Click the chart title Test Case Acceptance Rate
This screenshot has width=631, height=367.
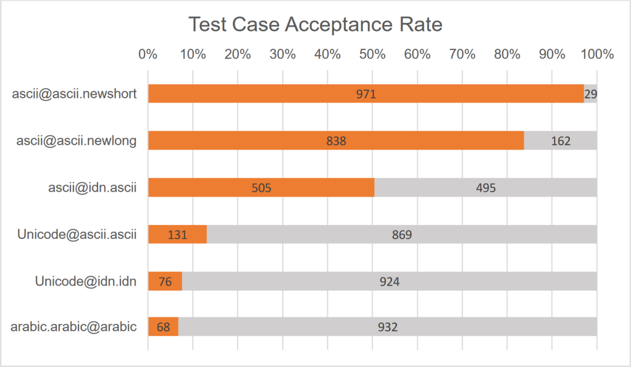pyautogui.click(x=315, y=24)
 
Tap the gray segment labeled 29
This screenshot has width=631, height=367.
pyautogui.click(x=590, y=94)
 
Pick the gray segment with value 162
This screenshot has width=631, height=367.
pyautogui.click(x=560, y=140)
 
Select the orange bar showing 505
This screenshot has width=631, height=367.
pyautogui.click(x=261, y=187)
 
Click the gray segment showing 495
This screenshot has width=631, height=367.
pyautogui.click(x=485, y=187)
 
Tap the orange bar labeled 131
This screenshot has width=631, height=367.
pyautogui.click(x=177, y=235)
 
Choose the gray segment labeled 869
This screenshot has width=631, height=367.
pyautogui.click(x=402, y=235)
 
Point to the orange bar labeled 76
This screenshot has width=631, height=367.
pyautogui.click(x=165, y=281)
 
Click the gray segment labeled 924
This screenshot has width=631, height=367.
pyautogui.click(x=389, y=281)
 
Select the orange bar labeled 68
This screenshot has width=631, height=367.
pyautogui.click(x=163, y=327)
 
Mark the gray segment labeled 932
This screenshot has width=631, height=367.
pyautogui.click(x=388, y=327)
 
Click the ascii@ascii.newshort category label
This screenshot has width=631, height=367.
pyautogui.click(x=74, y=94)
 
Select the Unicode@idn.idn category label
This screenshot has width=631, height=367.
pyautogui.click(x=86, y=281)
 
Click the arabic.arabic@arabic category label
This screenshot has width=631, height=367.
pyautogui.click(x=74, y=327)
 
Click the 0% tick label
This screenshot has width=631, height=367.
pyautogui.click(x=148, y=54)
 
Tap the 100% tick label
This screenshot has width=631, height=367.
pyautogui.click(x=596, y=54)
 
